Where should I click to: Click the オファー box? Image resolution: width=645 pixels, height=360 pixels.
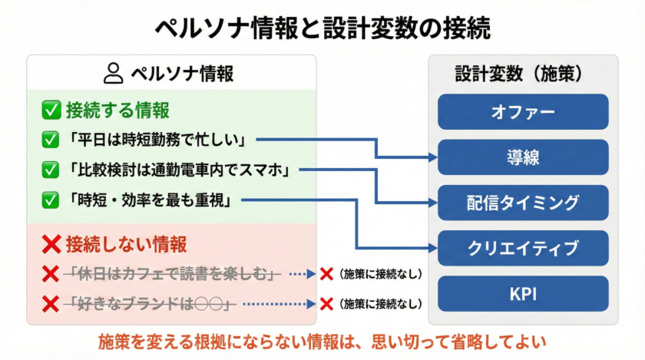(x=522, y=112)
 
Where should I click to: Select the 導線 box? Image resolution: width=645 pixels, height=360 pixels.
(x=522, y=157)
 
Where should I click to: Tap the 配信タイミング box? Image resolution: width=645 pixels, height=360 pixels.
(x=522, y=203)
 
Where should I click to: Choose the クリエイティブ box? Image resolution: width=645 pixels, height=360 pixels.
(x=522, y=248)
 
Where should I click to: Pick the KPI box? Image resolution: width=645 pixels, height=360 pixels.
(x=522, y=293)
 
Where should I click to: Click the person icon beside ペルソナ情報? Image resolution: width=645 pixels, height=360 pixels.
(x=113, y=74)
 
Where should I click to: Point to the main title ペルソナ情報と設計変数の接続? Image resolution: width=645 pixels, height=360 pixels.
(x=322, y=28)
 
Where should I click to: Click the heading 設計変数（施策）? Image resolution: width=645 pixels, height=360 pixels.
(x=522, y=74)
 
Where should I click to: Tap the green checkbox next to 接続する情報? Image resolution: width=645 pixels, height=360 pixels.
(x=51, y=111)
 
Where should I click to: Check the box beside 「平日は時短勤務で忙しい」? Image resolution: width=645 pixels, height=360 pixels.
(x=51, y=140)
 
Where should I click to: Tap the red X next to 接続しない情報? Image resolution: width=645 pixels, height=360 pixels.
(x=51, y=245)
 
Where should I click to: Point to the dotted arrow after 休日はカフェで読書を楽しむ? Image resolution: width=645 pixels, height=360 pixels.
(x=300, y=274)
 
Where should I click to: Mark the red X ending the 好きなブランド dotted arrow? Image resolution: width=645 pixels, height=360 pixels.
(x=326, y=304)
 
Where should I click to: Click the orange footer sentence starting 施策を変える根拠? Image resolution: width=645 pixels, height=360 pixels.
(x=322, y=342)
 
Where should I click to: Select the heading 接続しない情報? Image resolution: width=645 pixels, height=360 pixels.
(x=126, y=245)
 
